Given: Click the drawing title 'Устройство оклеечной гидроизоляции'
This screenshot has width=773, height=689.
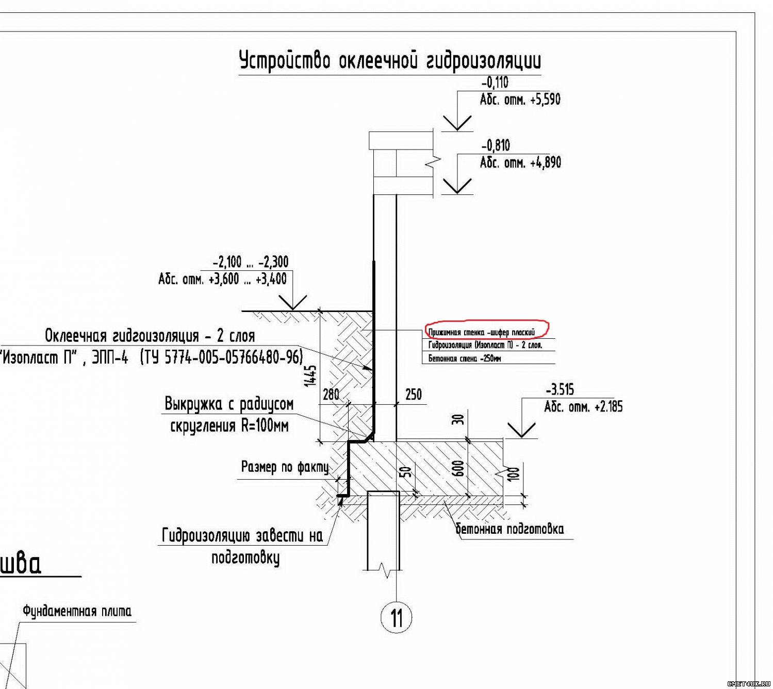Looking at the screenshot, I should coord(390,61).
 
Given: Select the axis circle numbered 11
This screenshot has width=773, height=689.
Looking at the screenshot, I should coord(396,617).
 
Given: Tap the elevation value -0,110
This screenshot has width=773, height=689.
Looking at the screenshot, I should coord(495,83).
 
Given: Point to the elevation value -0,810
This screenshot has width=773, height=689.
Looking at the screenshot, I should coord(496,145).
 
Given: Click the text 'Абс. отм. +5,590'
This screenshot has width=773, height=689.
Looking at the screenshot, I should coord(520,99).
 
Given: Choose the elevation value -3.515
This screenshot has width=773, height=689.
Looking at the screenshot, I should coord(560,389).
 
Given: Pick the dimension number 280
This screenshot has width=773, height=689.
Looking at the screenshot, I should coord(331,395).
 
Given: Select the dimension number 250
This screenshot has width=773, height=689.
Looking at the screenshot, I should coord(413,395).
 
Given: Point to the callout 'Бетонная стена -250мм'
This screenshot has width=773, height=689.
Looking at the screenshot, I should coord(464,358).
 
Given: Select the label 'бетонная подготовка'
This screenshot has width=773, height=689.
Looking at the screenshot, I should coord(509,529).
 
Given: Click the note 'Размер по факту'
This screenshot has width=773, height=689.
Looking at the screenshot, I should coord(285,467).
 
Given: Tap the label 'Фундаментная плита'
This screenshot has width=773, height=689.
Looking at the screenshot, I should coord(77,612).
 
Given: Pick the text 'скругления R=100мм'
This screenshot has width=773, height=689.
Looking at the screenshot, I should coord(229,426).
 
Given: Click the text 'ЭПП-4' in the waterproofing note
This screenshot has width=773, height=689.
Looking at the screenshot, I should coord(110,357).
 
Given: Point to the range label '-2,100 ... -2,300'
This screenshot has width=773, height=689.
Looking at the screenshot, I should coord(251,261).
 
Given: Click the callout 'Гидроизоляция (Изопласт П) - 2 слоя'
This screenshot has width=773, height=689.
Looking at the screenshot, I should coord(485,345).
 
